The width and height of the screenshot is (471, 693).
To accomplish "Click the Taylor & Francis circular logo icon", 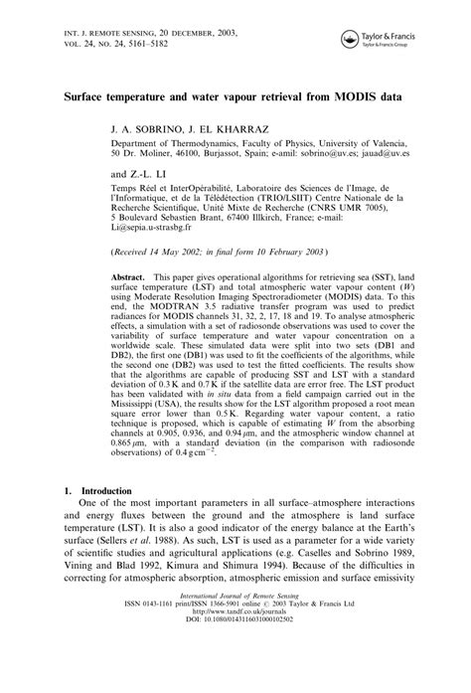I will coord(350,39).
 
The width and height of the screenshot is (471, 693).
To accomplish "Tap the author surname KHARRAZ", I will coord(243,130).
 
